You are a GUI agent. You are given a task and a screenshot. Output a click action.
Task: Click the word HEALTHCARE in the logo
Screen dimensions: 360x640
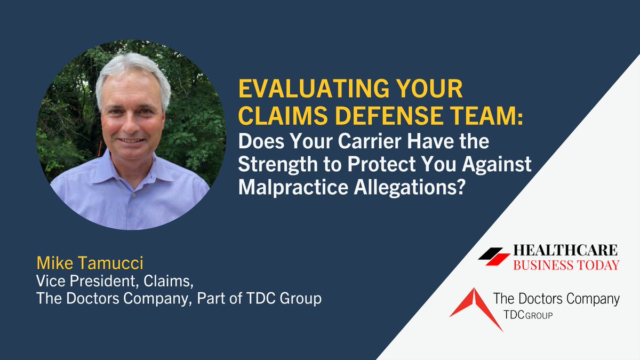pyautogui.click(x=566, y=250)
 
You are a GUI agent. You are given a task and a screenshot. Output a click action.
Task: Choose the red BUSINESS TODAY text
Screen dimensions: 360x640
pyautogui.click(x=566, y=265)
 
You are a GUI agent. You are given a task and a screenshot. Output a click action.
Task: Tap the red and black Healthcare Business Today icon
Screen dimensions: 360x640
pyautogui.click(x=494, y=257)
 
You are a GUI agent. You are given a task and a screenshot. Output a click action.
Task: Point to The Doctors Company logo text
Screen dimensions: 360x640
pyautogui.click(x=556, y=299)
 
